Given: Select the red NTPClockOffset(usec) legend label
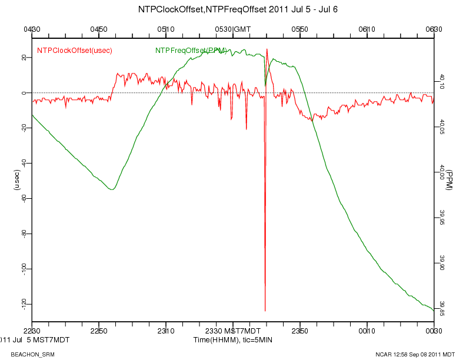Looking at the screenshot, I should [x=75, y=51].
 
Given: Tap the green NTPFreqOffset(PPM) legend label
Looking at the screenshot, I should [x=191, y=51].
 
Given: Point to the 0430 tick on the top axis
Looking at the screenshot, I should [x=32, y=29].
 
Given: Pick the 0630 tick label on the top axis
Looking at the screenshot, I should [x=434, y=29].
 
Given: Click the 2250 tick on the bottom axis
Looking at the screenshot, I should [x=99, y=332].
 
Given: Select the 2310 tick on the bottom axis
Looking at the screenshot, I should [x=166, y=332].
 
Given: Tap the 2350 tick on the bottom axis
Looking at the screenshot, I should [x=300, y=332].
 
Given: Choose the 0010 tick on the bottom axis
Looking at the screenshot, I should [x=367, y=332].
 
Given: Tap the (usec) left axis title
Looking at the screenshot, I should [x=17, y=179].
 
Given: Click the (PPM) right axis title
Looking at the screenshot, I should [x=449, y=179].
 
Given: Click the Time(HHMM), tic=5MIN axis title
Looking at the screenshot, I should [x=233, y=340].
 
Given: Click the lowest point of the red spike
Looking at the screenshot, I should [x=265, y=311].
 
